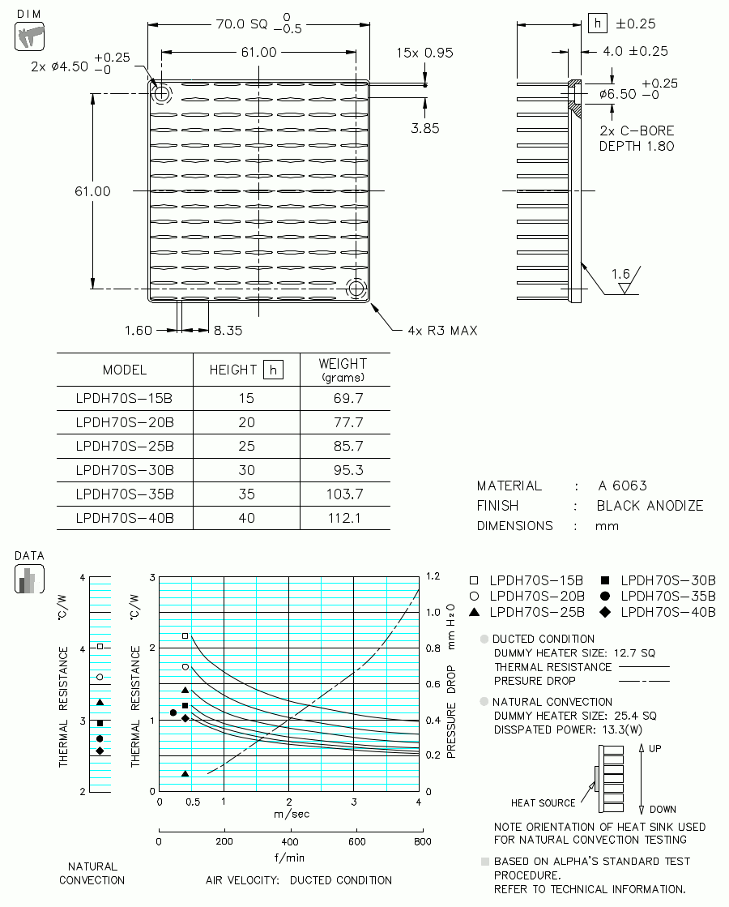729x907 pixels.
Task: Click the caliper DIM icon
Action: click(x=29, y=36)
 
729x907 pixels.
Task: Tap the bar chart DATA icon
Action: click(x=29, y=579)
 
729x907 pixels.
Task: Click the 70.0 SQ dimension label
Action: click(x=241, y=24)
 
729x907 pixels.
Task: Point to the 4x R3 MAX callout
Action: click(x=443, y=331)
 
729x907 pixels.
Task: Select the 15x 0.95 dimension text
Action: click(x=424, y=53)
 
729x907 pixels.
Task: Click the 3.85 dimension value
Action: click(x=425, y=128)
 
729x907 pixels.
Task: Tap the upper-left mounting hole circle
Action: click(x=161, y=92)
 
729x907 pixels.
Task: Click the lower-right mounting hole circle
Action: click(x=356, y=288)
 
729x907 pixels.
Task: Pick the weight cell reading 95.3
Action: click(x=348, y=470)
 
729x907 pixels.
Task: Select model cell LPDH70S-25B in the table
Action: click(x=125, y=446)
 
